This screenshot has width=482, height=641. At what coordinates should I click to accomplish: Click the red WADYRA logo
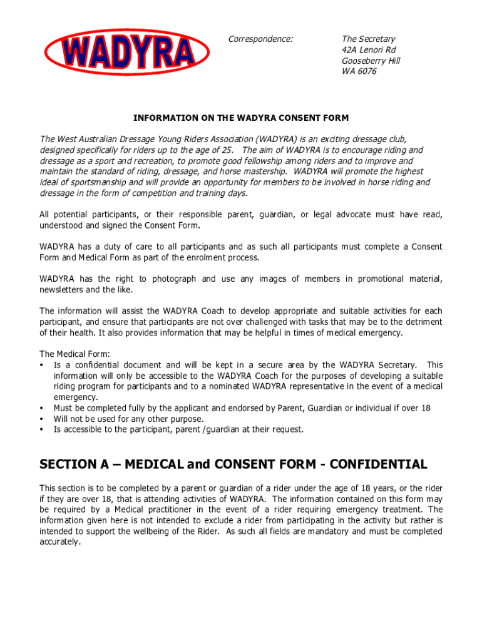click(x=127, y=51)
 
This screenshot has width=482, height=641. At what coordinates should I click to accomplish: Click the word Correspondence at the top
click(x=260, y=39)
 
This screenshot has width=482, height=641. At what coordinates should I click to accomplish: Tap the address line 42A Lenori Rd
click(x=369, y=50)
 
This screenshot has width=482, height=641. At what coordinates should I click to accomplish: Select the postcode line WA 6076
click(x=359, y=71)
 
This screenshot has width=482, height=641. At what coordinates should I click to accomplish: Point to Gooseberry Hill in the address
click(x=371, y=61)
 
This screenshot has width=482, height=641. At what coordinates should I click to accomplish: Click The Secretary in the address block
click(x=369, y=39)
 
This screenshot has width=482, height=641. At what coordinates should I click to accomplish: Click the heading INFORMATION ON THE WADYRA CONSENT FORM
click(x=241, y=118)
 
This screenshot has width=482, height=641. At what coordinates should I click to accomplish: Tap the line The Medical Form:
click(x=66, y=354)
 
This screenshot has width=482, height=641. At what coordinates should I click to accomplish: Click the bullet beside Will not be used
click(x=41, y=419)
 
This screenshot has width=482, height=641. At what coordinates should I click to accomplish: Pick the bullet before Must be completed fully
click(x=41, y=408)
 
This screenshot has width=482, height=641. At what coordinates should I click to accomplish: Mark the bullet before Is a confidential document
click(x=41, y=365)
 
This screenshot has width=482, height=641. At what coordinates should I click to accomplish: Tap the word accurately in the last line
click(x=60, y=542)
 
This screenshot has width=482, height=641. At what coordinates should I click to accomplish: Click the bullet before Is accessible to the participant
click(x=41, y=429)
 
